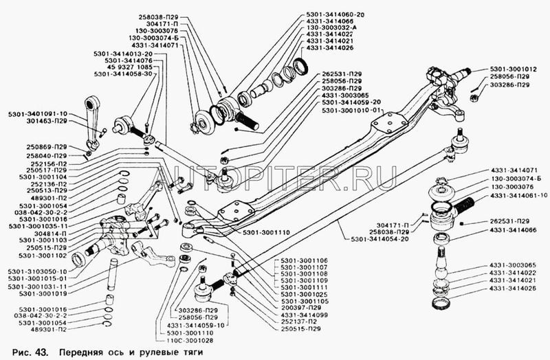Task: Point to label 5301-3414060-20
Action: click(x=335, y=14)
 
